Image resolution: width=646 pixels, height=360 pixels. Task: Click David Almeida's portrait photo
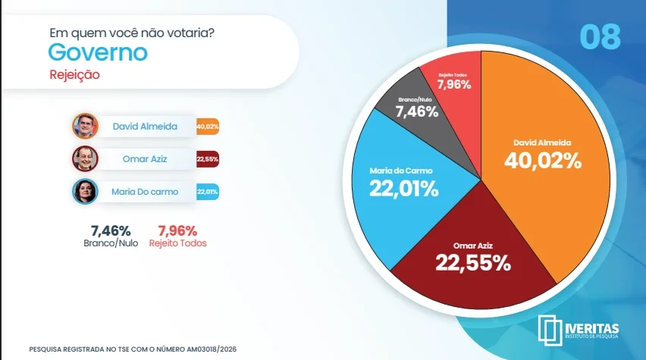click(85, 126)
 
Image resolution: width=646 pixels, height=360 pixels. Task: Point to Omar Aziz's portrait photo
click(85, 158)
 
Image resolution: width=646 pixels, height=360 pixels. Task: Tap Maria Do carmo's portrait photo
click(85, 191)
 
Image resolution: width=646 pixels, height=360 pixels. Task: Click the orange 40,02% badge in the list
click(207, 127)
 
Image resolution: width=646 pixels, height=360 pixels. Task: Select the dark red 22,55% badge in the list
click(207, 159)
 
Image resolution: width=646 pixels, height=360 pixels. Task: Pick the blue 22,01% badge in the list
click(207, 192)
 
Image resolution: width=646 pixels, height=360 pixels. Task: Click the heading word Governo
click(97, 53)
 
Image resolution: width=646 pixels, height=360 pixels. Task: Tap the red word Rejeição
click(74, 75)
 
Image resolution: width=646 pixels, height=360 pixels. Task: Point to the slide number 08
click(600, 37)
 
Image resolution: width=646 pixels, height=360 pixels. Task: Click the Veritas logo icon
click(549, 327)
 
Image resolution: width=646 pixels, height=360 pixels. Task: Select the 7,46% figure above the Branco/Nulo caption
click(111, 230)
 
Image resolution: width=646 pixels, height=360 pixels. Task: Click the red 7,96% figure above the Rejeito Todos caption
click(177, 230)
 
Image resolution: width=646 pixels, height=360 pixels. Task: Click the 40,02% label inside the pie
click(543, 160)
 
